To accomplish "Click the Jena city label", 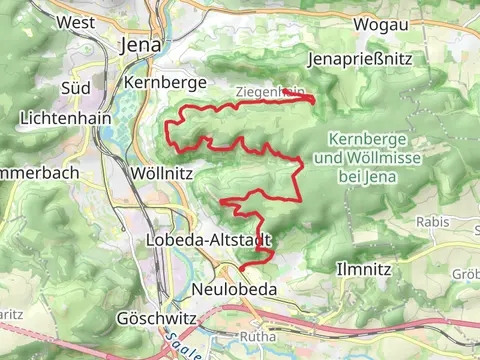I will click(139, 45).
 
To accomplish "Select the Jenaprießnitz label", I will click(361, 60).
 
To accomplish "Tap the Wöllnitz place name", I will click(155, 173).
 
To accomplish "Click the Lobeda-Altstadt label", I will click(208, 240).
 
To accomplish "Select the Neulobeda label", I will click(233, 289).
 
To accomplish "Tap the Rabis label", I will click(432, 222).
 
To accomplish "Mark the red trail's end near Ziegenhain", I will click(313, 100).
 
